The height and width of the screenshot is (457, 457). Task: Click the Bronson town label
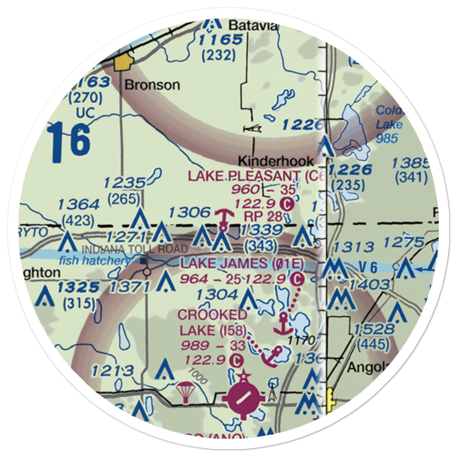(152, 85)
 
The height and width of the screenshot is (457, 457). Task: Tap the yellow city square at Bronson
(122, 63)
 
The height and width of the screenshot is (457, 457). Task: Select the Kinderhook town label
(276, 161)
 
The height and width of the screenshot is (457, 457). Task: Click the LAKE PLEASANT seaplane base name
(244, 175)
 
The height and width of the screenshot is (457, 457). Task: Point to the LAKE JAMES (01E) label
(242, 263)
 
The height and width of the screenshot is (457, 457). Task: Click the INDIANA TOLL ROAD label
(134, 249)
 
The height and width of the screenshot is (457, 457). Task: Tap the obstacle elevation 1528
(374, 329)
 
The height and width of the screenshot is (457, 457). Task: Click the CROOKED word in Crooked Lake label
(212, 315)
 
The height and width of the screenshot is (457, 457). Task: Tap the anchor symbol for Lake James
(285, 324)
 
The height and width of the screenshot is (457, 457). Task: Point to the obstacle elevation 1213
(112, 371)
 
